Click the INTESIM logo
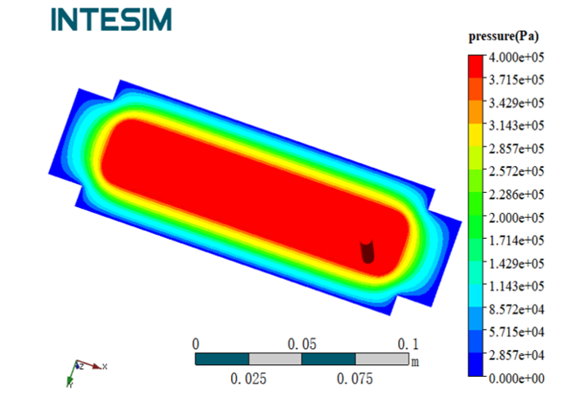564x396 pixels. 111,19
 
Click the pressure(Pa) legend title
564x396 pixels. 504,37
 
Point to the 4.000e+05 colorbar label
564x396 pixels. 516,57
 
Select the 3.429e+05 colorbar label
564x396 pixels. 516,103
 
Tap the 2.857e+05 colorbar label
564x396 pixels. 516,149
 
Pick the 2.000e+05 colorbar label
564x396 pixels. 516,217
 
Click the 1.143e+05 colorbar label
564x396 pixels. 516,287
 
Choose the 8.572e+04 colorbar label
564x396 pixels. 516,309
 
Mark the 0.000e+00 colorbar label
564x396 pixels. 516,378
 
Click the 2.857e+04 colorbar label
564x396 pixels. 516,355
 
